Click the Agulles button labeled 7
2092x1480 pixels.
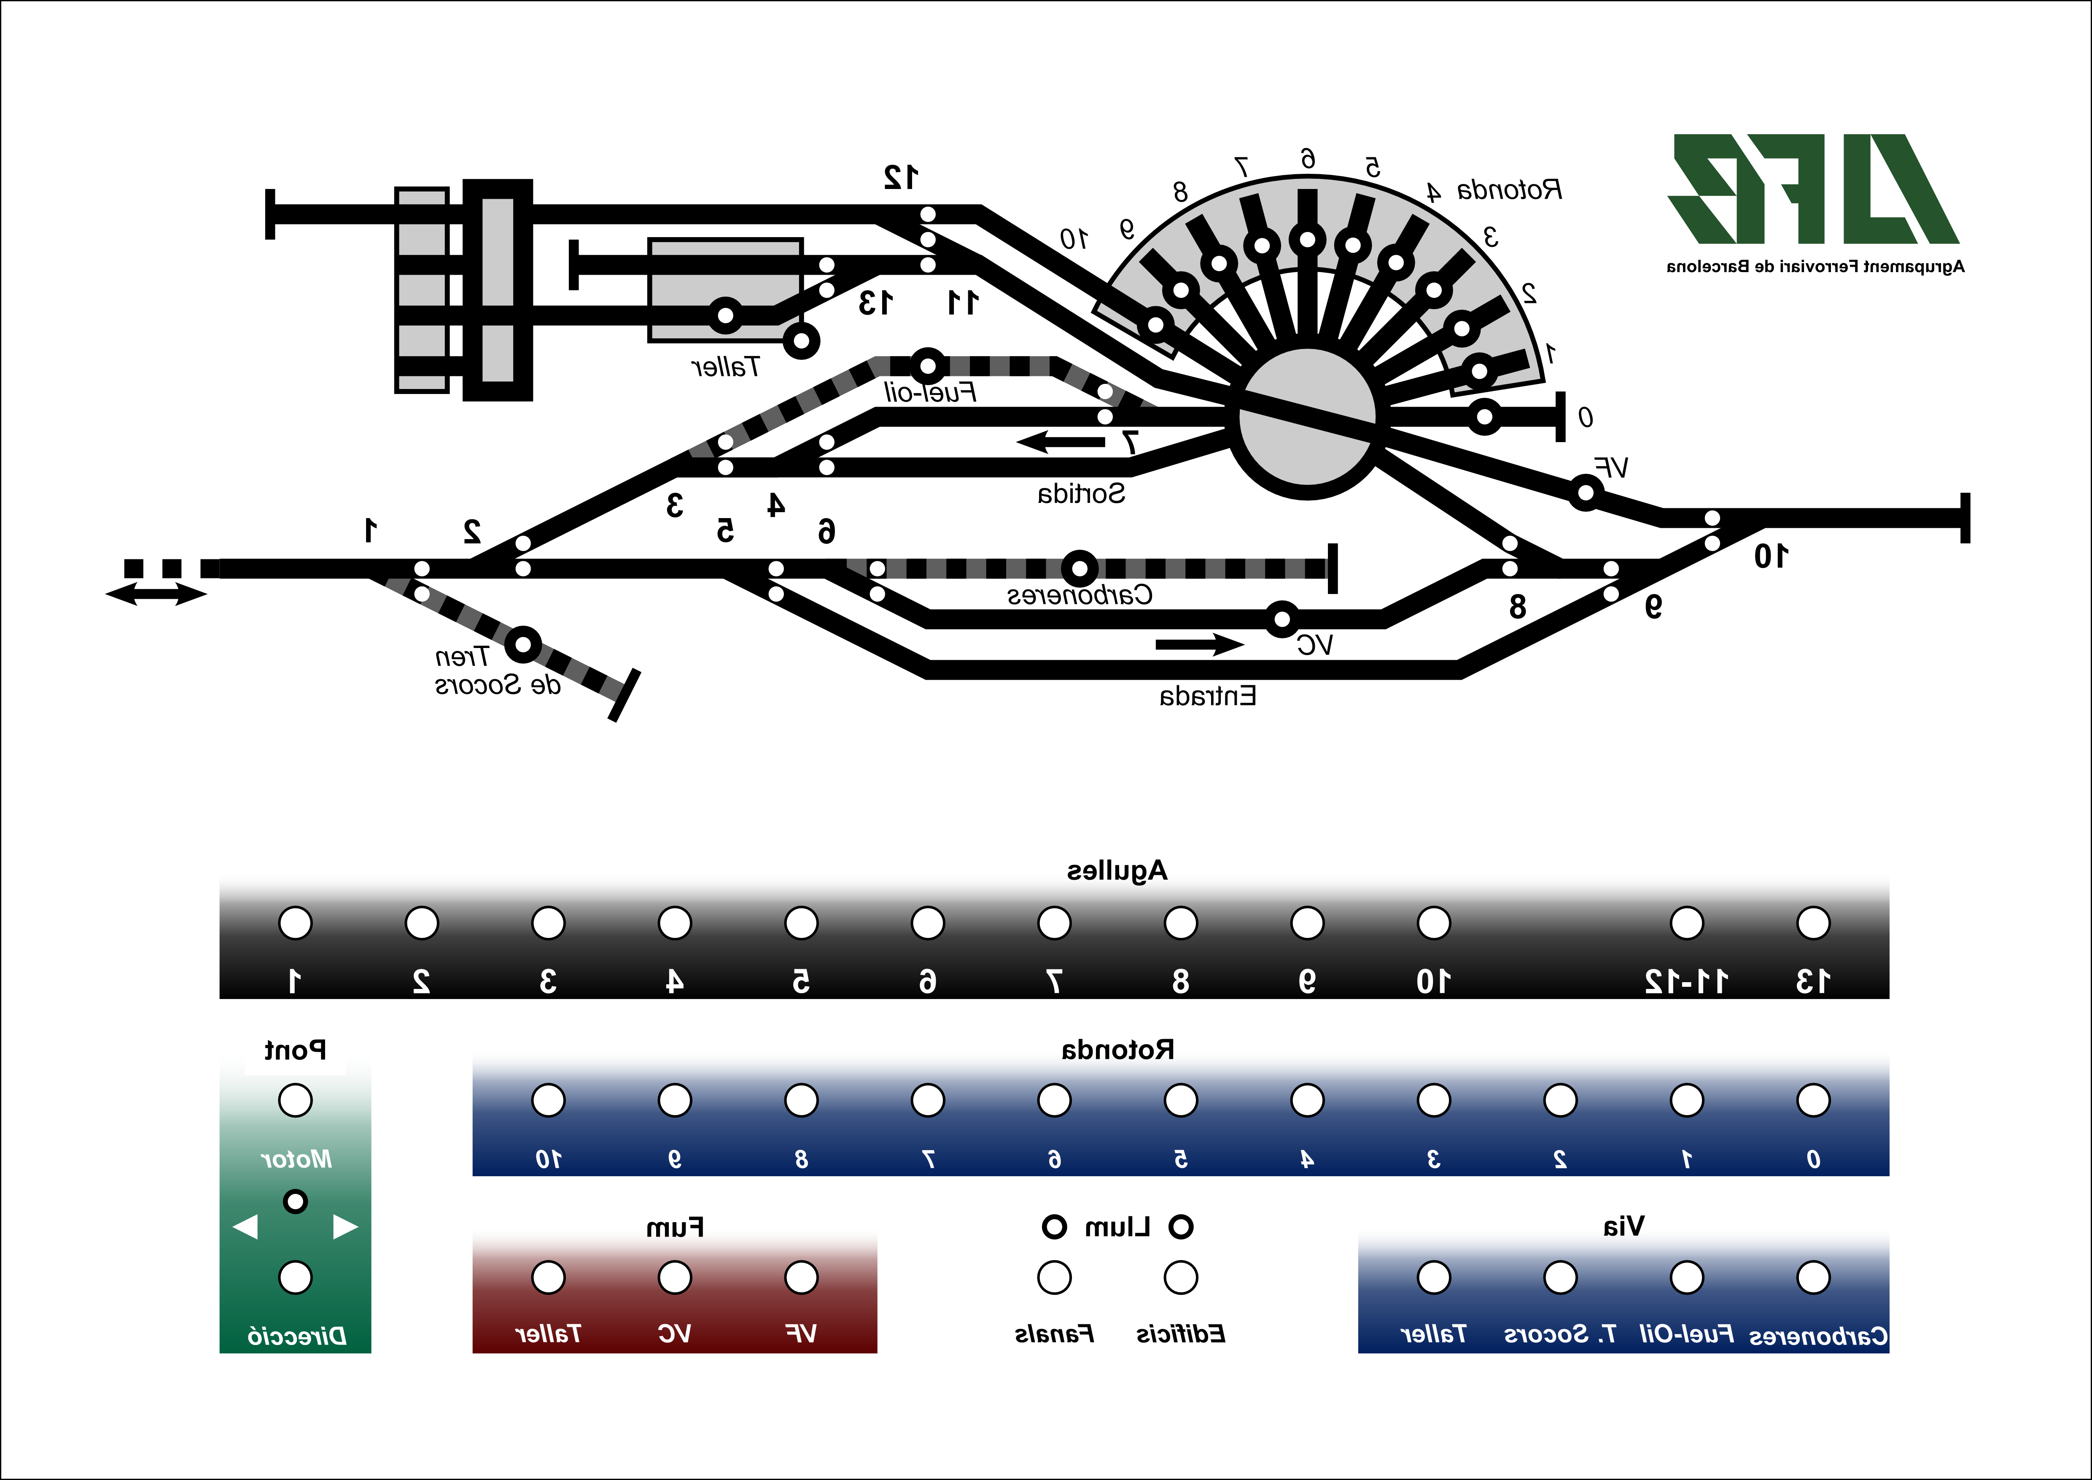coord(1054,923)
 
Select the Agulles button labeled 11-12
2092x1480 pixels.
coord(1686,923)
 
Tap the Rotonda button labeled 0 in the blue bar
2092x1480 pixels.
coord(1813,1100)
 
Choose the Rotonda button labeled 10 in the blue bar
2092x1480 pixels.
coord(548,1100)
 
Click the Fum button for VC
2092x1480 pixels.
coord(674,1277)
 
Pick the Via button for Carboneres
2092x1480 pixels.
coord(1813,1277)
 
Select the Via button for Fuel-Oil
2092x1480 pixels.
coord(1686,1277)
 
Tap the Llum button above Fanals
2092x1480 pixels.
coord(1054,1277)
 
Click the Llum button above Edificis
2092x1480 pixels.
coord(1181,1277)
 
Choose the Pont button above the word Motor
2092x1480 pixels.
coord(295,1100)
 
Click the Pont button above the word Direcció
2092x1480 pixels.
coord(295,1277)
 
